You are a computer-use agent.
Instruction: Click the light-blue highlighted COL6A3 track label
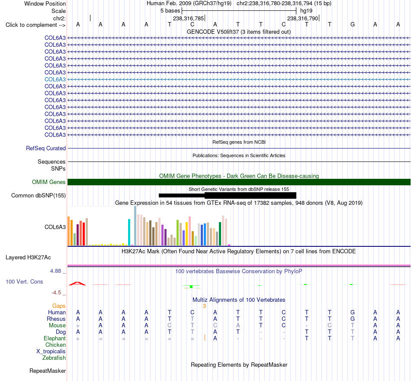click(x=55, y=79)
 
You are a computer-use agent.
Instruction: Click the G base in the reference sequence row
click(x=353, y=25)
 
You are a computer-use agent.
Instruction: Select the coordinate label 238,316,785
click(x=188, y=18)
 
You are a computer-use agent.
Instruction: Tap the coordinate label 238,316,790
click(x=302, y=18)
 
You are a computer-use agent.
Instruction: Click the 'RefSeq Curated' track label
click(x=46, y=148)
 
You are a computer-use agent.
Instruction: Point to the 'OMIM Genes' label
click(x=49, y=182)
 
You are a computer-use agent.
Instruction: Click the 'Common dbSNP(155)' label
click(x=39, y=196)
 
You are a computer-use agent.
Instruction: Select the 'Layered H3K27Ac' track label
click(x=28, y=258)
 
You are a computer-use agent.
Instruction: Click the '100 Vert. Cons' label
click(x=24, y=281)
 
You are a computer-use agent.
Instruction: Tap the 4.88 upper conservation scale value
click(x=55, y=271)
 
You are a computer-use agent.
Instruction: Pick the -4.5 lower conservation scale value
click(x=56, y=293)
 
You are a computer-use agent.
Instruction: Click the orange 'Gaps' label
click(x=59, y=306)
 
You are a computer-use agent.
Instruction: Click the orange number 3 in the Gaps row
click(x=205, y=306)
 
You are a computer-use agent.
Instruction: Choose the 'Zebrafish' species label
click(x=54, y=358)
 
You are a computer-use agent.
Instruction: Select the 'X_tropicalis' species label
click(x=51, y=352)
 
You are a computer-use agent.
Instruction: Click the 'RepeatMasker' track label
click(x=48, y=371)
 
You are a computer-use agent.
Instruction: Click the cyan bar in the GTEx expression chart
click(x=129, y=232)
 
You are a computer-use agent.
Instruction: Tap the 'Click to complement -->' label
click(x=35, y=25)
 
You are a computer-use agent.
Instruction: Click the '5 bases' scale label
click(x=170, y=11)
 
